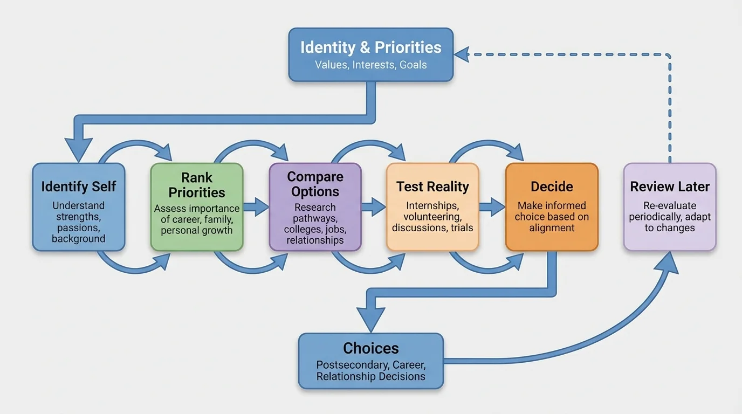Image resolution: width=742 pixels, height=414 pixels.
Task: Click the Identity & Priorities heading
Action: tap(370, 47)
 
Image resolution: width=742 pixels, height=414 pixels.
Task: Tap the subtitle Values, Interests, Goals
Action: tap(370, 65)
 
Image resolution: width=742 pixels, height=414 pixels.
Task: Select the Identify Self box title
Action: tap(79, 187)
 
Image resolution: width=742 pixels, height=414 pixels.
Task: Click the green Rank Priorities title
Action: tap(197, 185)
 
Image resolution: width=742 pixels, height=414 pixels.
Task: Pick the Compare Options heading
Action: tap(315, 184)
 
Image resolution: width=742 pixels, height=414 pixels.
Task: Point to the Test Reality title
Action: tap(432, 187)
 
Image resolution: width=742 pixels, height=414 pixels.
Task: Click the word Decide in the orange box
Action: tap(552, 187)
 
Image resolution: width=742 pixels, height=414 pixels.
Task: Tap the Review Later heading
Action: tap(670, 187)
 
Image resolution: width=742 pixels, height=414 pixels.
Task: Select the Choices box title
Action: tap(371, 348)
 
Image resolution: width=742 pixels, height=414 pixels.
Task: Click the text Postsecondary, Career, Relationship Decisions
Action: tap(371, 370)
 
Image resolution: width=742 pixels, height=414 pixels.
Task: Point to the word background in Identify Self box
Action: tap(79, 238)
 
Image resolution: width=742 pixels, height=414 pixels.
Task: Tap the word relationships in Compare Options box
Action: tap(315, 240)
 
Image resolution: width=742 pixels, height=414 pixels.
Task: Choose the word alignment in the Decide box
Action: tap(552, 227)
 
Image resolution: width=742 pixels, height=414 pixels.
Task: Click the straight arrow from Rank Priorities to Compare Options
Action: tap(257, 206)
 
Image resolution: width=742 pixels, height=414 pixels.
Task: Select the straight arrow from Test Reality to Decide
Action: tap(492, 206)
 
